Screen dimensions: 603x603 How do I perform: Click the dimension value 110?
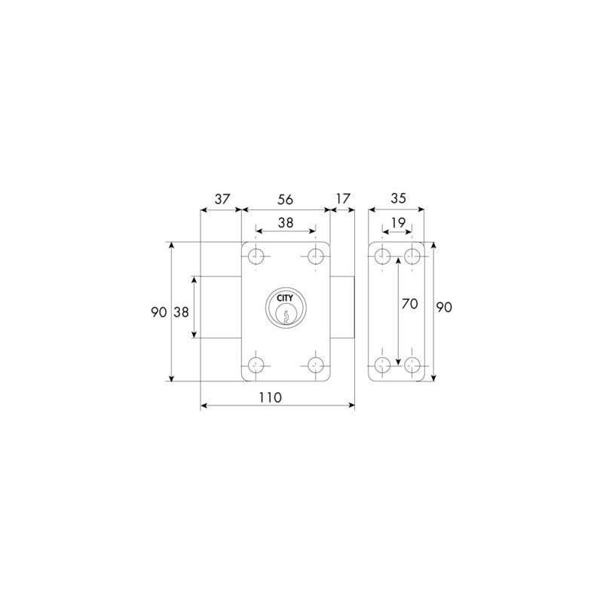pyautogui.click(x=270, y=397)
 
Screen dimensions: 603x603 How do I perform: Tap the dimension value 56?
pyautogui.click(x=286, y=200)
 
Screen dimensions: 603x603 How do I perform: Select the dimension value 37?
pyautogui.click(x=222, y=199)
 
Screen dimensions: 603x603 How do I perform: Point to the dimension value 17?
pyautogui.click(x=343, y=199)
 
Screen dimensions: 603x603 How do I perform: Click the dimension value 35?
pyautogui.click(x=398, y=198)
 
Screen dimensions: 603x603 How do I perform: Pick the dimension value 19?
pyautogui.click(x=399, y=222)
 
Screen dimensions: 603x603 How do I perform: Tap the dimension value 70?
pyautogui.click(x=409, y=304)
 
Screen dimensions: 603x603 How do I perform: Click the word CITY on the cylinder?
pyautogui.click(x=285, y=298)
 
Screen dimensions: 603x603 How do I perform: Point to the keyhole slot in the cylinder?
pyautogui.click(x=286, y=316)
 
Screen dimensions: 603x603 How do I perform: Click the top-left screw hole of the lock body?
pyautogui.click(x=256, y=256)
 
